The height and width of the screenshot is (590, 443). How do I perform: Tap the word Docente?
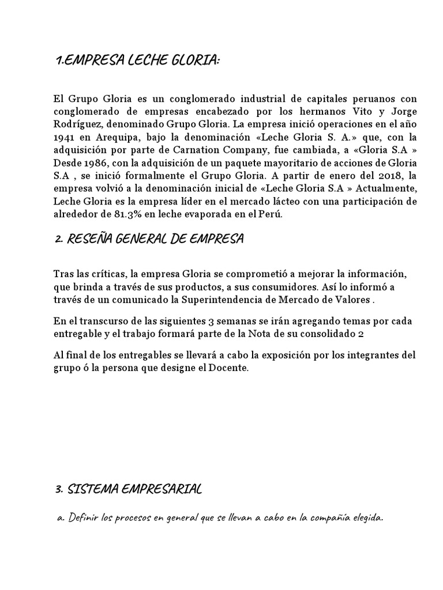point(231,367)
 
